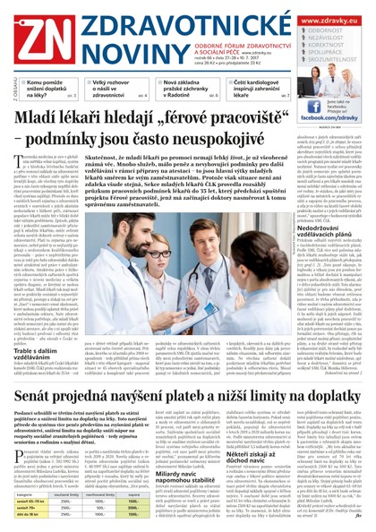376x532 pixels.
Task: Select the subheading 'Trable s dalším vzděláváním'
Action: [39, 359]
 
